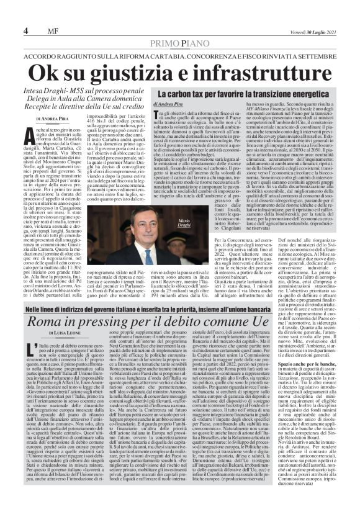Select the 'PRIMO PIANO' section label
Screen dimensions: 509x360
[x=179, y=43]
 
